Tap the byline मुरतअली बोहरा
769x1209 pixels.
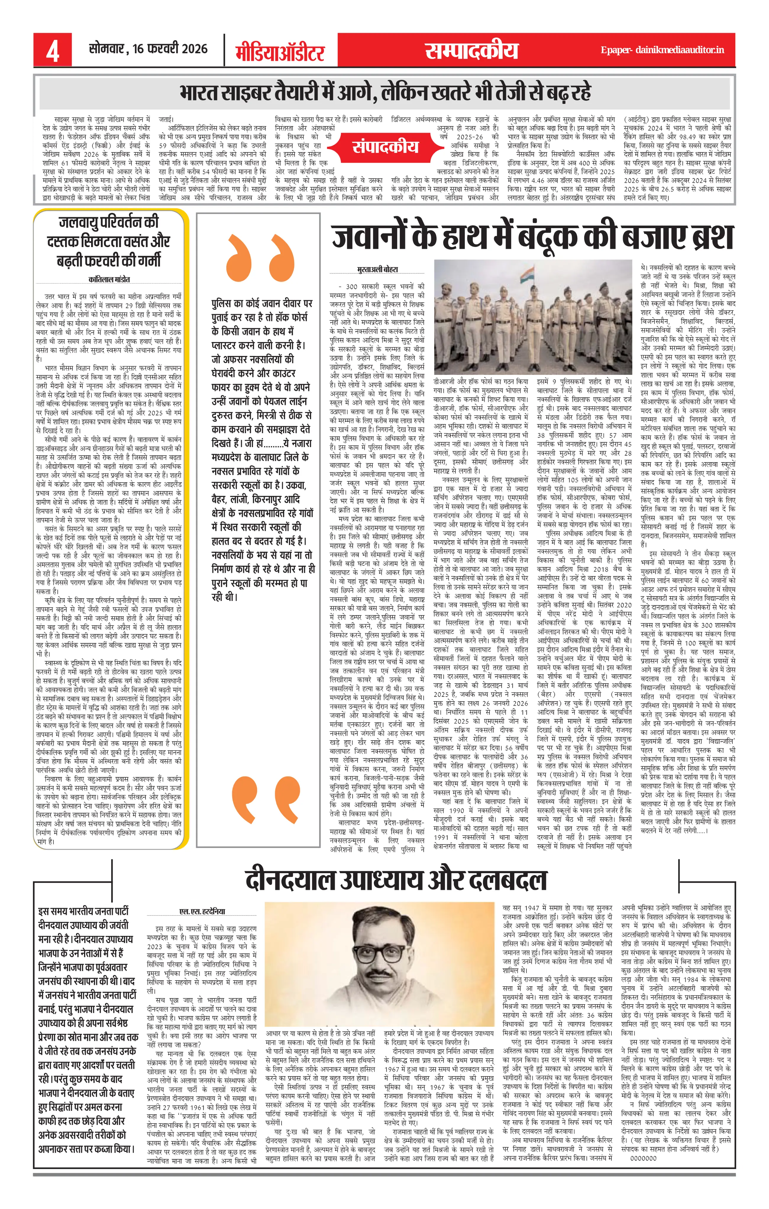pos(377,270)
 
